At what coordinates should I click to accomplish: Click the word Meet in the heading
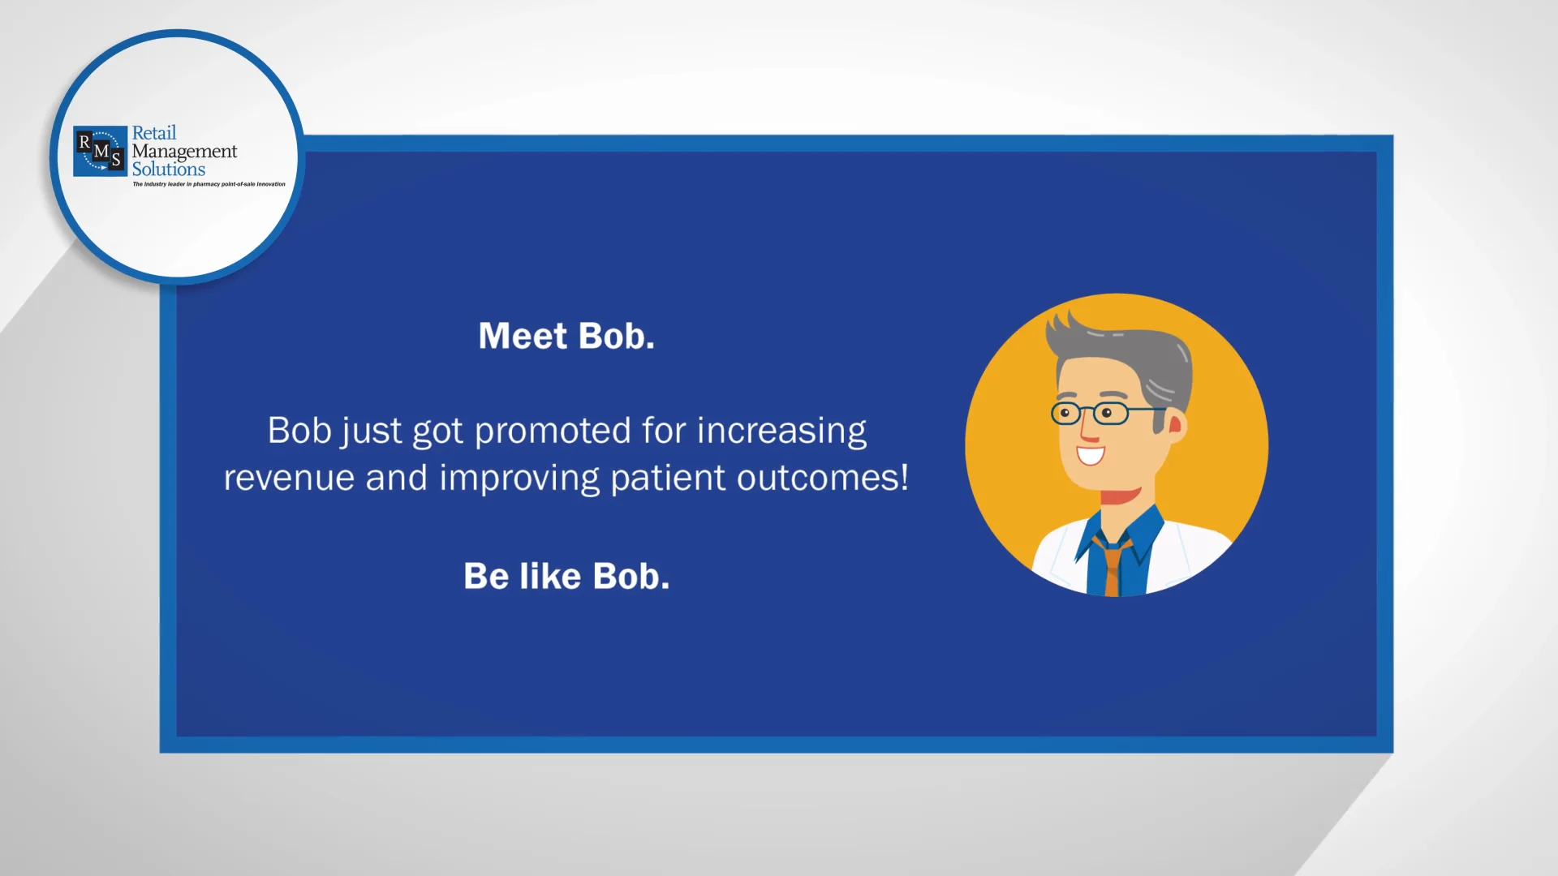(x=523, y=336)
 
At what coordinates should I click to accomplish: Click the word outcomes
(x=822, y=477)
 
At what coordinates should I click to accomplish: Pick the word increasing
(x=781, y=432)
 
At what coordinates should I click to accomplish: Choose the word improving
(x=519, y=478)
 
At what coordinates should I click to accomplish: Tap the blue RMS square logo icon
(x=100, y=151)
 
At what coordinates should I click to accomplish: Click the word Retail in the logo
(x=154, y=133)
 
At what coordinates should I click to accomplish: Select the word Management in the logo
(x=185, y=152)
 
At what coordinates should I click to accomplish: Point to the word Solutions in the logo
(x=169, y=170)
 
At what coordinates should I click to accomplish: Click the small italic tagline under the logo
(x=209, y=184)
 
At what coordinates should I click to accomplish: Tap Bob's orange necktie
(x=1113, y=564)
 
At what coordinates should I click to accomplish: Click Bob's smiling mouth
(x=1091, y=454)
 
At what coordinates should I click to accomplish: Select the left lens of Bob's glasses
(x=1066, y=414)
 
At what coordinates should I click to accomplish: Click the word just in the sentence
(x=371, y=432)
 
